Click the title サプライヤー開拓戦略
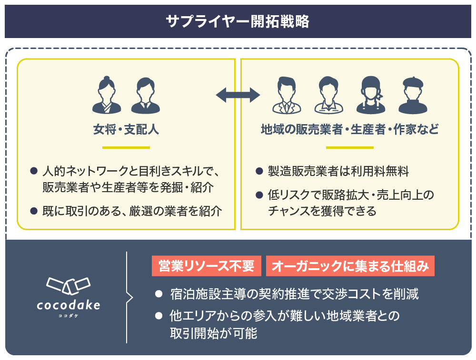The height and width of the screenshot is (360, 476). (x=238, y=21)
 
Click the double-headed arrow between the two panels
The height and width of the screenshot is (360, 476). (x=238, y=95)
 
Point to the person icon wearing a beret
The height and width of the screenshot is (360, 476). (x=413, y=96)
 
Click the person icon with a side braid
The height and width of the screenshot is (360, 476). (x=371, y=96)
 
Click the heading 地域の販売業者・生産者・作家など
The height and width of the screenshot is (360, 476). (x=349, y=129)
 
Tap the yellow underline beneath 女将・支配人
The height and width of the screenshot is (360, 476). (x=126, y=147)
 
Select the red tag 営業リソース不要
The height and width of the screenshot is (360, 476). (x=207, y=267)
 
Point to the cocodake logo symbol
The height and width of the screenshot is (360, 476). (x=69, y=285)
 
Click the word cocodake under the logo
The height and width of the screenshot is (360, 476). (x=69, y=305)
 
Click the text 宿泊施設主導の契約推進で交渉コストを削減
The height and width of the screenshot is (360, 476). (x=294, y=294)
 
